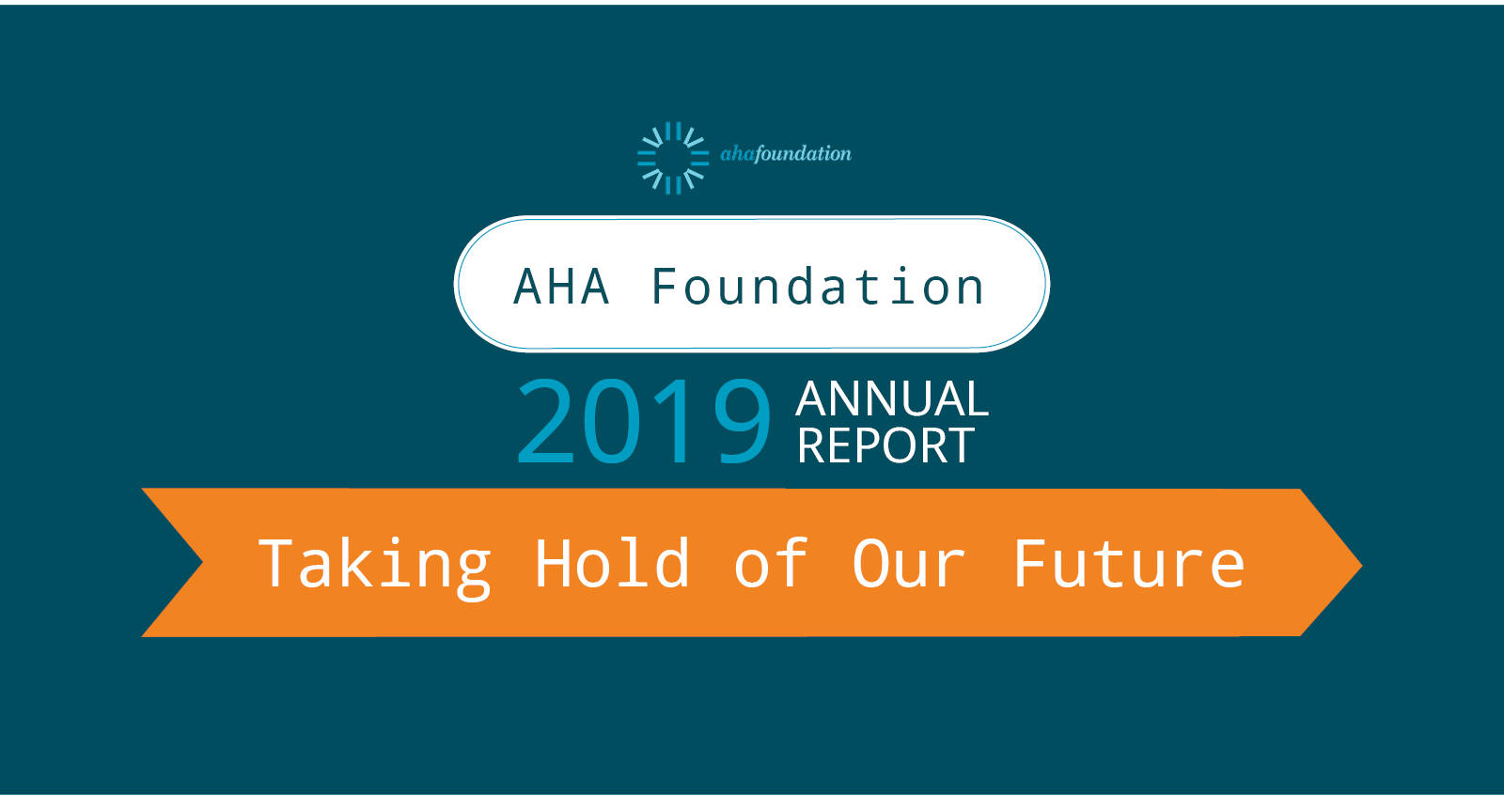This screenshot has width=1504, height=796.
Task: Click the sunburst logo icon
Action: coord(673,159)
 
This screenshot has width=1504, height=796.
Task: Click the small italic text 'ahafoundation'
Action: coord(786,154)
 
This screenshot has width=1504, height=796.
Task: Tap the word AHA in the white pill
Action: coord(562,287)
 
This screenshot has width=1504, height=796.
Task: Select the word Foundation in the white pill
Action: coord(818,286)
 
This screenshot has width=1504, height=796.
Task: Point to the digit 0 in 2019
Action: coord(612,421)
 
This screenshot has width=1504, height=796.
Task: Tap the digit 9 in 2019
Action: coord(742,421)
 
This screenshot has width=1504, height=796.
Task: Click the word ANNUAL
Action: coord(892,399)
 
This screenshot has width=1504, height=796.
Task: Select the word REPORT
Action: coord(885,445)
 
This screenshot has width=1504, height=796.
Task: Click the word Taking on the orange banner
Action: coord(375,566)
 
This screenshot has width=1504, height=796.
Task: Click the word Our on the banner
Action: coord(908,565)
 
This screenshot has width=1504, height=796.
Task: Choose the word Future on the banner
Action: coord(1129,564)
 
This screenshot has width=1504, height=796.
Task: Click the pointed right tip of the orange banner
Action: coord(1361,566)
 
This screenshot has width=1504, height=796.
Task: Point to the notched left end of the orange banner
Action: coord(201,562)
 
